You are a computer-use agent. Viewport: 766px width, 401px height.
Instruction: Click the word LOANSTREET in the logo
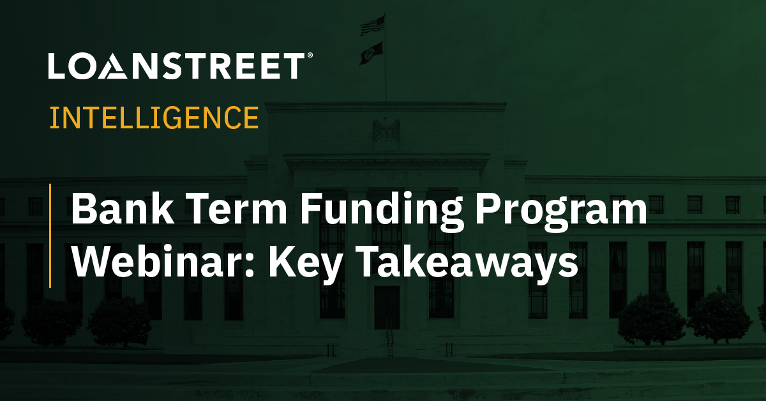coord(176,67)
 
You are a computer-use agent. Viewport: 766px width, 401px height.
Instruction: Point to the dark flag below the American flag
coord(373,52)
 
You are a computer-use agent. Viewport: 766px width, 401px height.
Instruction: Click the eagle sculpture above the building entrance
coord(386,130)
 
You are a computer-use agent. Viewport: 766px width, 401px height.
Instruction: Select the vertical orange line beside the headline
coord(50,235)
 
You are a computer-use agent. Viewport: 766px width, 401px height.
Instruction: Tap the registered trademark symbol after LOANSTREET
coord(310,57)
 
